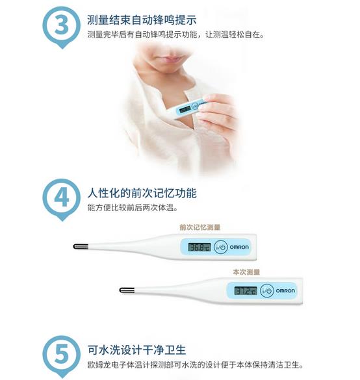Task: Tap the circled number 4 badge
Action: pos(62,198)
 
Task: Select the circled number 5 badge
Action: pos(62,355)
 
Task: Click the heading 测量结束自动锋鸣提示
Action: pos(142,20)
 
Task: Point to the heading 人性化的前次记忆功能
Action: pos(142,193)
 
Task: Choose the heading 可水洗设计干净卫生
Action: pos(136,350)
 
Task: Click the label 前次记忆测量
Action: pos(199,227)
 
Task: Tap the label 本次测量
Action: pos(246,272)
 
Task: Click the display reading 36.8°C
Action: pos(199,247)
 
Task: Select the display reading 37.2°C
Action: pos(246,290)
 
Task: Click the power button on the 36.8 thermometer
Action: pos(221,247)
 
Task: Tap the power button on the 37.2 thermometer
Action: pos(267,290)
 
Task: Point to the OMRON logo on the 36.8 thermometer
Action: pos(239,247)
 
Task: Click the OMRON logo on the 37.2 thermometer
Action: pos(285,290)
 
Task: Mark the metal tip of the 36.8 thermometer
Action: pos(81,247)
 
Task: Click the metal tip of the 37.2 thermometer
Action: pos(127,290)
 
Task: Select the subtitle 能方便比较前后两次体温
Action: pos(133,208)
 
